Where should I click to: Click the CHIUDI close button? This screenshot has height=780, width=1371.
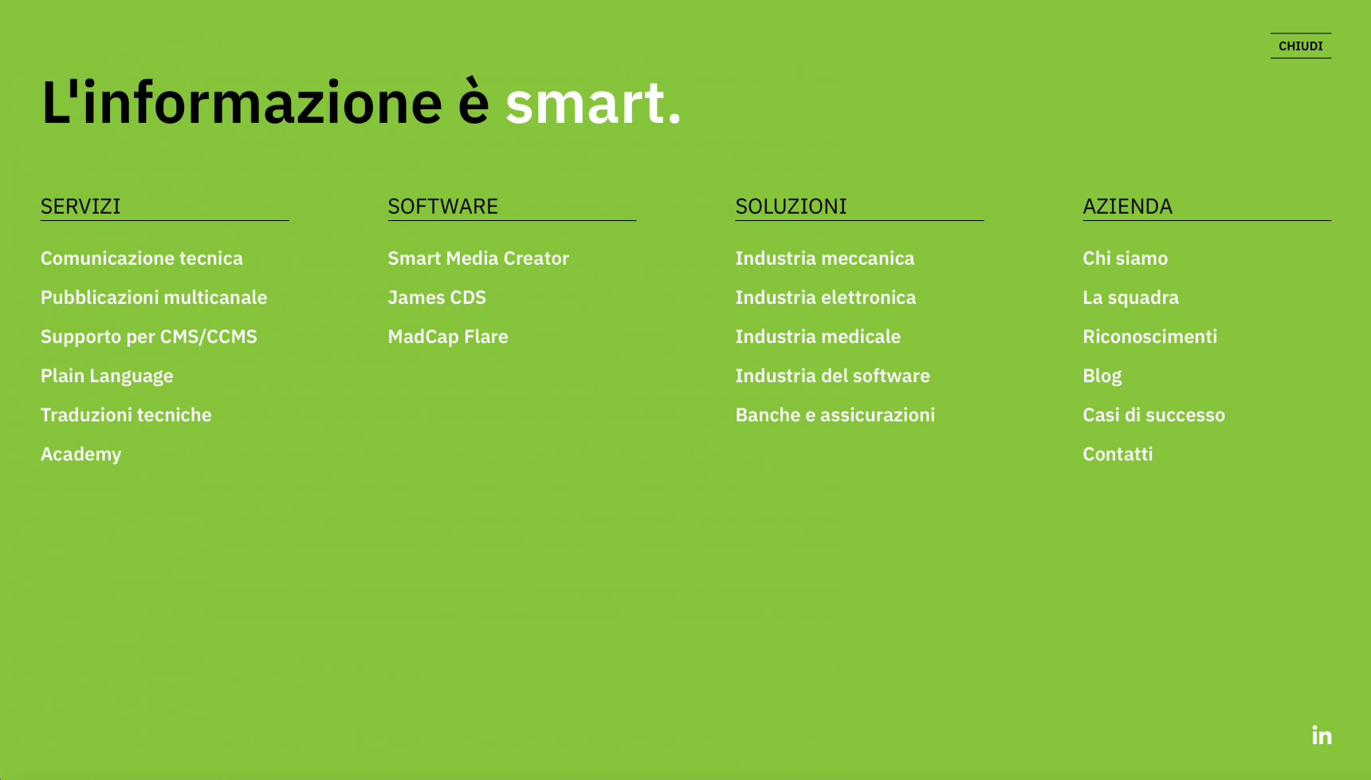[x=1300, y=45]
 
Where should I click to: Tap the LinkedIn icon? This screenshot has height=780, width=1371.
[x=1322, y=735]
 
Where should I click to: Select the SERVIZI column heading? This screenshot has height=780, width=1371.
[x=81, y=206]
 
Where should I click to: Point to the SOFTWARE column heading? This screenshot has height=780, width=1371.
[x=442, y=206]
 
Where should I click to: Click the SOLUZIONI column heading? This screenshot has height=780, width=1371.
[x=791, y=206]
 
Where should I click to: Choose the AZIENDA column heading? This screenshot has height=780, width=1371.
[x=1127, y=206]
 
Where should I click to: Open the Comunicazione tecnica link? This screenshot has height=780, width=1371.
[x=142, y=258]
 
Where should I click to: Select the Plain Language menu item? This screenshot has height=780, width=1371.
[x=107, y=376]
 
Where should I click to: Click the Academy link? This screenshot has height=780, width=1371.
[x=81, y=454]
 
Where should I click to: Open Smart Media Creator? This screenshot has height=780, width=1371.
[x=478, y=258]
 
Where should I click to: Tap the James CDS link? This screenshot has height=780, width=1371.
[x=437, y=297]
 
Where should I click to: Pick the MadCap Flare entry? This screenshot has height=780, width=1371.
[x=448, y=336]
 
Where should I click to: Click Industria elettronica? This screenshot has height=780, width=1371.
[x=826, y=297]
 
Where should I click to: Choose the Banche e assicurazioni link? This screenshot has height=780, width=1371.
[x=835, y=415]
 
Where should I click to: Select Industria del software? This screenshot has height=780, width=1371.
[x=833, y=376]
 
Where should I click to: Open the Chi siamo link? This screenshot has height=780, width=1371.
[x=1125, y=258]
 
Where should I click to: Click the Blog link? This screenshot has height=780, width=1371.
[x=1102, y=376]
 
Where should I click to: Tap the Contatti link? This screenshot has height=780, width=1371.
[x=1118, y=454]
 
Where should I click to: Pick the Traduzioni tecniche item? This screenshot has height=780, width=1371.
[x=126, y=415]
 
